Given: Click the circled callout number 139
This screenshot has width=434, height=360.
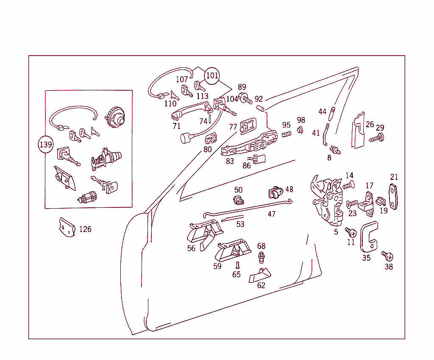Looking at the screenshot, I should (45, 144).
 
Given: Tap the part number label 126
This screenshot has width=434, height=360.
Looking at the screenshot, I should (85, 229).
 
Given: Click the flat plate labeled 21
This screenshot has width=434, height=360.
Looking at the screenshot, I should (394, 197).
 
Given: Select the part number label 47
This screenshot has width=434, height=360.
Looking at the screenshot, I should (272, 214).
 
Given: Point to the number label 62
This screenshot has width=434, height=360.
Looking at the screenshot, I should (261, 285).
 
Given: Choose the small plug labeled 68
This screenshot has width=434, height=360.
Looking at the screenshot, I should (262, 257).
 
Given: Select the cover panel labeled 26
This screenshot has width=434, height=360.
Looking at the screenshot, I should (359, 131).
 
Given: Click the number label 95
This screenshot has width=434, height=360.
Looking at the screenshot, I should (287, 125).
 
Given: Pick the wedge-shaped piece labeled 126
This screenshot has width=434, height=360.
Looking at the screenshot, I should (67, 227).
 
